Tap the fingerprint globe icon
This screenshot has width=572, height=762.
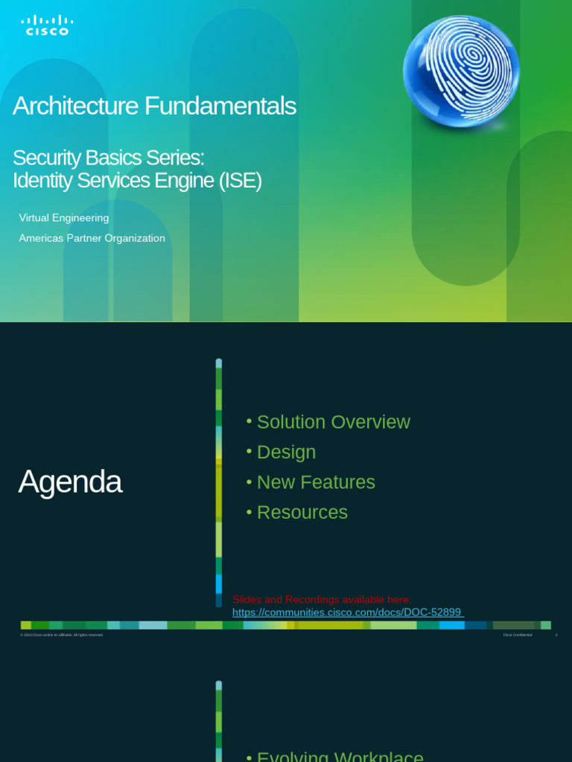[x=461, y=70]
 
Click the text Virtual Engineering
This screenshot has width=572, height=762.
[x=64, y=218]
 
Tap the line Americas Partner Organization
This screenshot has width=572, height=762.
[x=92, y=238]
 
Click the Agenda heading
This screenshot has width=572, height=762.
[x=70, y=482]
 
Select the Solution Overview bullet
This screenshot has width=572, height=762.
[x=333, y=422]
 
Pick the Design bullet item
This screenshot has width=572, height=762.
[x=286, y=452]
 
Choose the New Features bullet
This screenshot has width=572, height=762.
[x=316, y=482]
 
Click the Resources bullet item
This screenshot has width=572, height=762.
[x=302, y=513]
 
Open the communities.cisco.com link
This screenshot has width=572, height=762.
[x=347, y=612]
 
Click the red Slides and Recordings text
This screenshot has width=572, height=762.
[x=322, y=600]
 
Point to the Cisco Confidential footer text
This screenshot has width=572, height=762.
[x=518, y=635]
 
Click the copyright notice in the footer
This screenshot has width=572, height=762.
[x=62, y=635]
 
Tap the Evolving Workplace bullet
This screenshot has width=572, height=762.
[x=340, y=756]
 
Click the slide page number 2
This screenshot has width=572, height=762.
[x=556, y=635]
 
